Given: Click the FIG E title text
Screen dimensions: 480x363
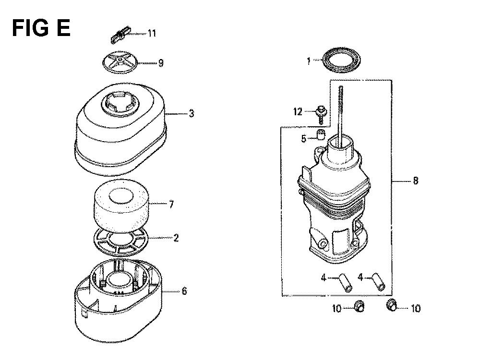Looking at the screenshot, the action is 41,28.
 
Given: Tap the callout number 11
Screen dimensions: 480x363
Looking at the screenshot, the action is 152,33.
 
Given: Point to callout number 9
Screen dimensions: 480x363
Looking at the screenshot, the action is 161,63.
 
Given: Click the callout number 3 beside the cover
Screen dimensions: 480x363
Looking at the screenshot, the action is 192,114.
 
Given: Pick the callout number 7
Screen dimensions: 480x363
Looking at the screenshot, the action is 171,205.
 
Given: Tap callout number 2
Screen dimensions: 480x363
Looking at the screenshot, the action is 176,238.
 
